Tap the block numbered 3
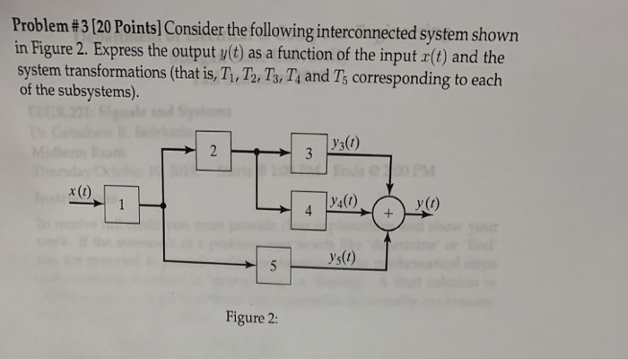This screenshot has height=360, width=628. pyautogui.click(x=308, y=154)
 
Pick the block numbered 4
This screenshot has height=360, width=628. pyautogui.click(x=308, y=213)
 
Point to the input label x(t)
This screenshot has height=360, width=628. pyautogui.click(x=83, y=191)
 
